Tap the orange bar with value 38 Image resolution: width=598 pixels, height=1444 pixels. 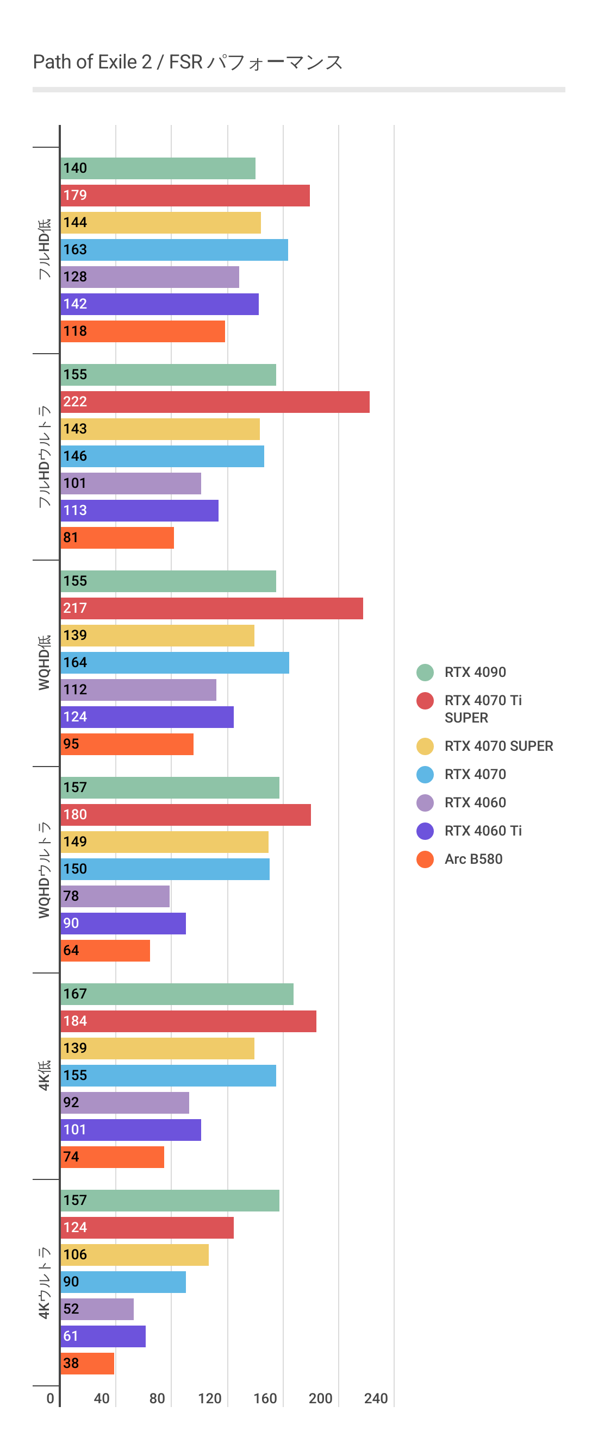(88, 1363)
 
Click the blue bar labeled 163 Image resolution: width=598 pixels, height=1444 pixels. (175, 249)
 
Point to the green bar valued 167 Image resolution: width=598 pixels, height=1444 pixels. (177, 994)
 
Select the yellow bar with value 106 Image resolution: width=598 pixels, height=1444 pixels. (135, 1254)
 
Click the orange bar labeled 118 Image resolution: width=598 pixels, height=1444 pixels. (143, 331)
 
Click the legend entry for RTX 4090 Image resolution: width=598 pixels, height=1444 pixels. (475, 672)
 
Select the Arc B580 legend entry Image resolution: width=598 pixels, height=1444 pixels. (473, 859)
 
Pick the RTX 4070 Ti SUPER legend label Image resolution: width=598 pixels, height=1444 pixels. (482, 708)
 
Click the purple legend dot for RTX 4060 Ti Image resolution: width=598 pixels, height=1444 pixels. (425, 831)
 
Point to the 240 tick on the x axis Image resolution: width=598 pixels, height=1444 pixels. (375, 1398)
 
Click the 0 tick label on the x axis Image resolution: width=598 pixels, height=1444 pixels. (51, 1398)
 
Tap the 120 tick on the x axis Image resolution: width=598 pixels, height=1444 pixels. (210, 1398)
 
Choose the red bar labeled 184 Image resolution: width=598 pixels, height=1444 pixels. (189, 1021)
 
